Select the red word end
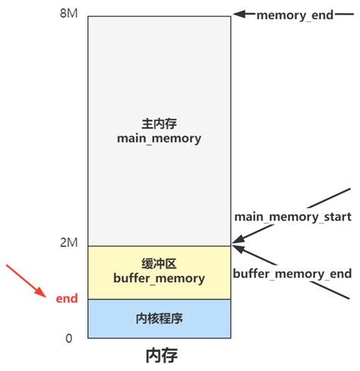[x=67, y=299]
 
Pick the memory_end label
[x=295, y=14]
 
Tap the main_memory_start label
[x=292, y=217]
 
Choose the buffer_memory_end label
[x=292, y=273]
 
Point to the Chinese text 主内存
[x=159, y=122]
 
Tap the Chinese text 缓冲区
[x=159, y=264]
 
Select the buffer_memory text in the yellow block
[x=159, y=279]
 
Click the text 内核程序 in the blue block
[x=159, y=318]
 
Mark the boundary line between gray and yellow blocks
[x=159, y=246]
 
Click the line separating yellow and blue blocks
[x=159, y=299]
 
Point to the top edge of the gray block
[x=159, y=16]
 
